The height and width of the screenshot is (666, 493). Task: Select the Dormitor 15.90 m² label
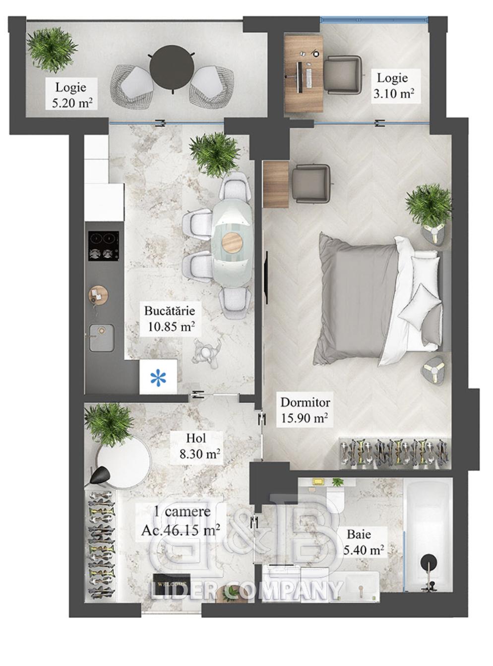click(305, 410)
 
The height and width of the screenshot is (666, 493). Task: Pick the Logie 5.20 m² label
click(71, 95)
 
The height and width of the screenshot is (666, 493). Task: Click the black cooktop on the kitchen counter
click(103, 245)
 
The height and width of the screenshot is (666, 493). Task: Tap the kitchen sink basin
click(101, 337)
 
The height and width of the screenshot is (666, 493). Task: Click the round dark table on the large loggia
click(171, 67)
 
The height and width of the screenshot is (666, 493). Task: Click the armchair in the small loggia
click(343, 75)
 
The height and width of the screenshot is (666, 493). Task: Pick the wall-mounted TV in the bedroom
click(266, 277)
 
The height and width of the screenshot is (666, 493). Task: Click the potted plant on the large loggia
click(52, 50)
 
